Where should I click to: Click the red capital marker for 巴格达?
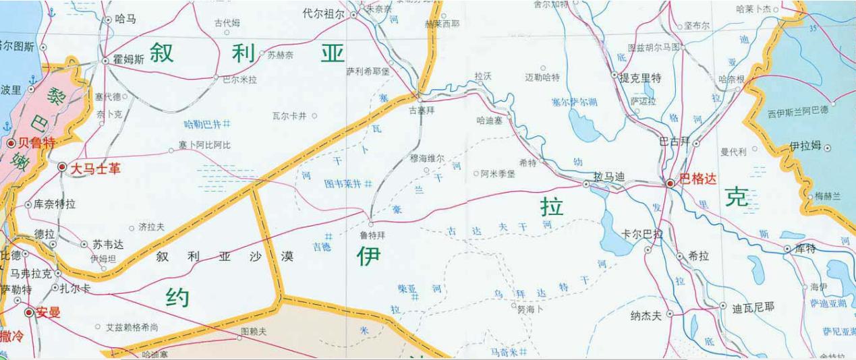(x=670, y=183)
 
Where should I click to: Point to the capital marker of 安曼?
(x=29, y=313)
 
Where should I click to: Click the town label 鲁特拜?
(x=372, y=237)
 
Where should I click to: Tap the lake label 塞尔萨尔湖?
(x=574, y=102)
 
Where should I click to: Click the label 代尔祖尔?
(x=323, y=13)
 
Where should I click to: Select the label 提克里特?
(x=641, y=78)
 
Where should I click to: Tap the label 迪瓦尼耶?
(x=753, y=307)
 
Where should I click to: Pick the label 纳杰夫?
(x=646, y=315)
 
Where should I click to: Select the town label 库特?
(x=805, y=249)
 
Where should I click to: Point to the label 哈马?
(x=125, y=19)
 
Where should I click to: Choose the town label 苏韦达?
(x=107, y=244)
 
